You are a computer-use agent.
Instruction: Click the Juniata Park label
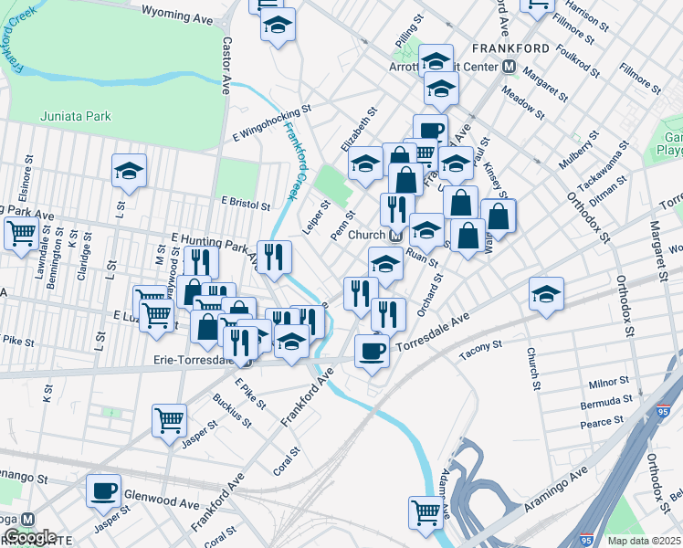coord(76,115)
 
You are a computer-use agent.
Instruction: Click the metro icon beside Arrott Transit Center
coord(509,67)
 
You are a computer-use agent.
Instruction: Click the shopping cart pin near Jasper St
coord(169,421)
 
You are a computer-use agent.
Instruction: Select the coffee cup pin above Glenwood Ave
coord(103,490)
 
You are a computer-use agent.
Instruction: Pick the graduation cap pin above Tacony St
coord(546,293)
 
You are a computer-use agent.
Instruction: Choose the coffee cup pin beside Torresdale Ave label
coord(372,350)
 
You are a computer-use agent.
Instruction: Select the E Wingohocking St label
coord(269,116)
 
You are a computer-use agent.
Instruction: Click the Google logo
coord(30,537)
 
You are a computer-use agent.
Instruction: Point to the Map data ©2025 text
coord(643,541)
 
